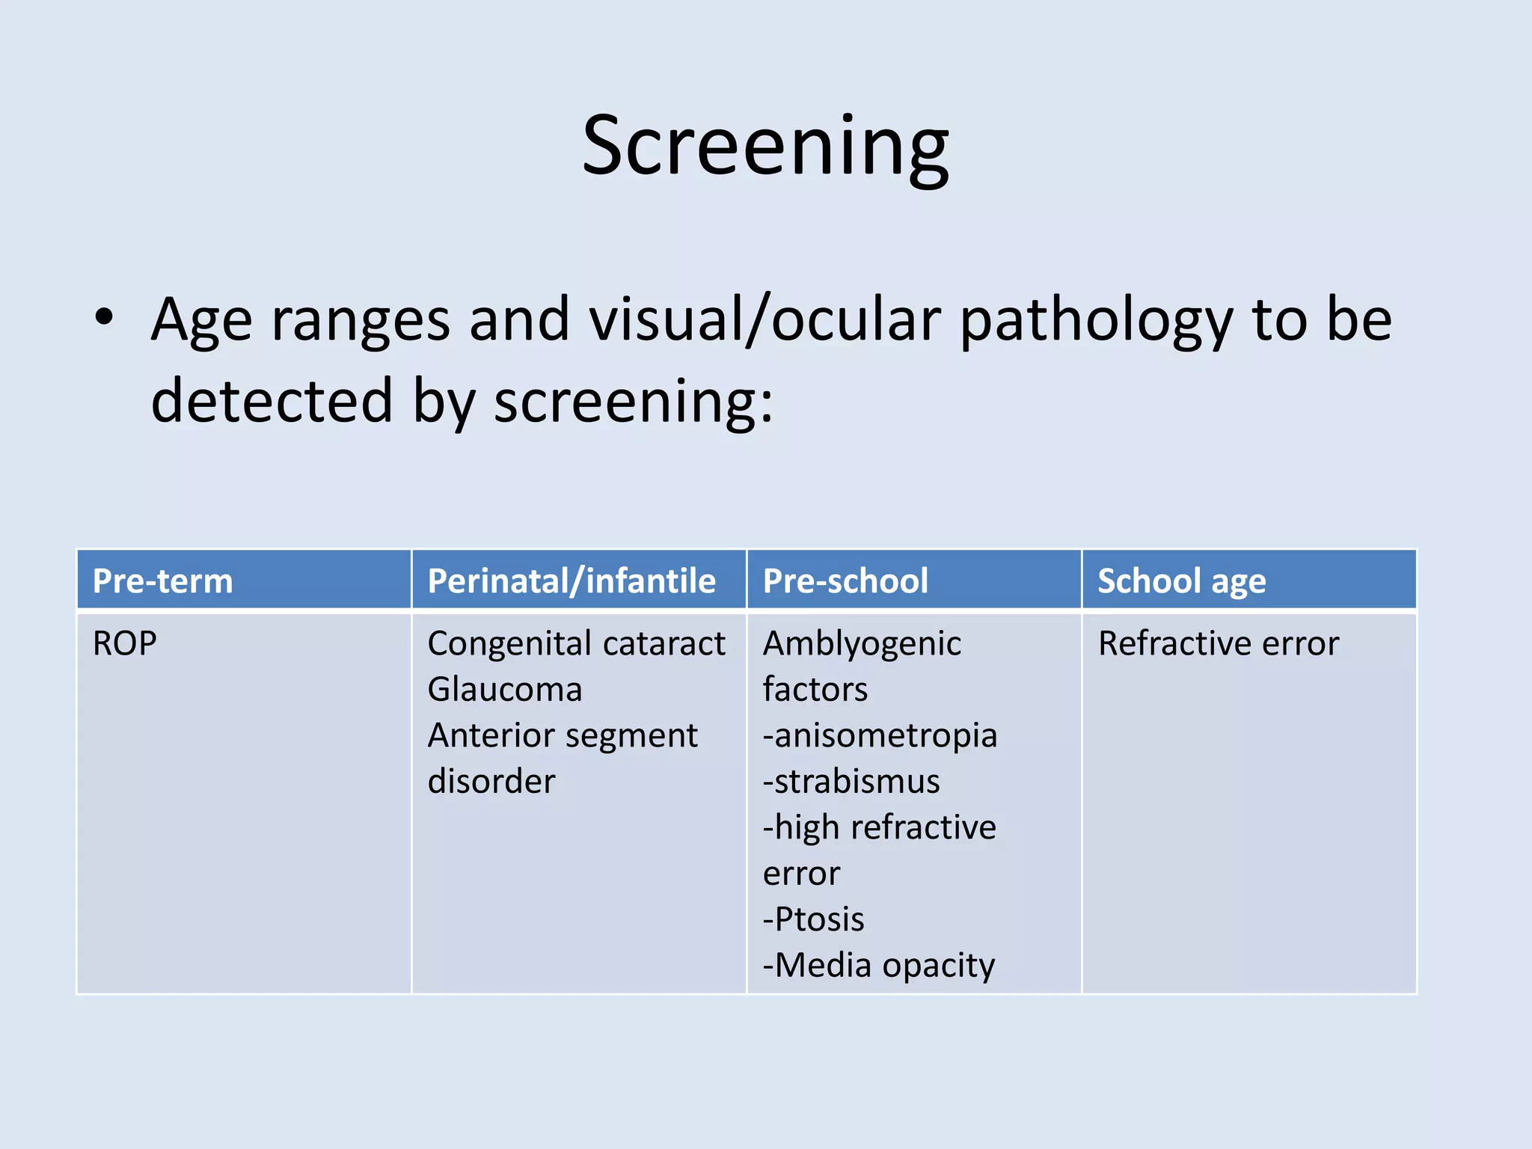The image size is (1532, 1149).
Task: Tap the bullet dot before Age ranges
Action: (x=104, y=317)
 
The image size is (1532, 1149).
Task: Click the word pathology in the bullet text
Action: (x=1096, y=320)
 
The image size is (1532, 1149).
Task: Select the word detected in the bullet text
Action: (x=272, y=400)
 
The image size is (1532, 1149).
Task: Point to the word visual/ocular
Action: (x=764, y=320)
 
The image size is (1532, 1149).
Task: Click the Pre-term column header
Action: (x=162, y=581)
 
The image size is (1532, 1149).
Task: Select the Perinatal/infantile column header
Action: (x=572, y=581)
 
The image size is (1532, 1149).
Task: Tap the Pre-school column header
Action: (x=845, y=581)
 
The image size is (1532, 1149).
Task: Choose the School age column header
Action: (x=1181, y=581)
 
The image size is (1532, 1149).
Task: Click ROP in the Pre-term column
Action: (x=124, y=643)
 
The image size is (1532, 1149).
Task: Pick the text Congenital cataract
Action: (x=576, y=643)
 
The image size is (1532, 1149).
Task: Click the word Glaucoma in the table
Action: (x=505, y=689)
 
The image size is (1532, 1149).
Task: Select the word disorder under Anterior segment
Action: (x=491, y=781)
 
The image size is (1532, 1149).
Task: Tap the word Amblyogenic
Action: (x=862, y=643)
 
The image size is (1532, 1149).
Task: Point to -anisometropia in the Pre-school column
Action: (x=880, y=735)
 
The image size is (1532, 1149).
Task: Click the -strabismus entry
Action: (x=851, y=781)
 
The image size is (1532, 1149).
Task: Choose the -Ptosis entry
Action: (x=813, y=919)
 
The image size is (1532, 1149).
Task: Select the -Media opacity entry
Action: (x=879, y=965)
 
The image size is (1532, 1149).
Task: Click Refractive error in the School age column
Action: (x=1218, y=643)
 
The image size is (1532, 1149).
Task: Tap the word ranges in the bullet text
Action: (x=361, y=320)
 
